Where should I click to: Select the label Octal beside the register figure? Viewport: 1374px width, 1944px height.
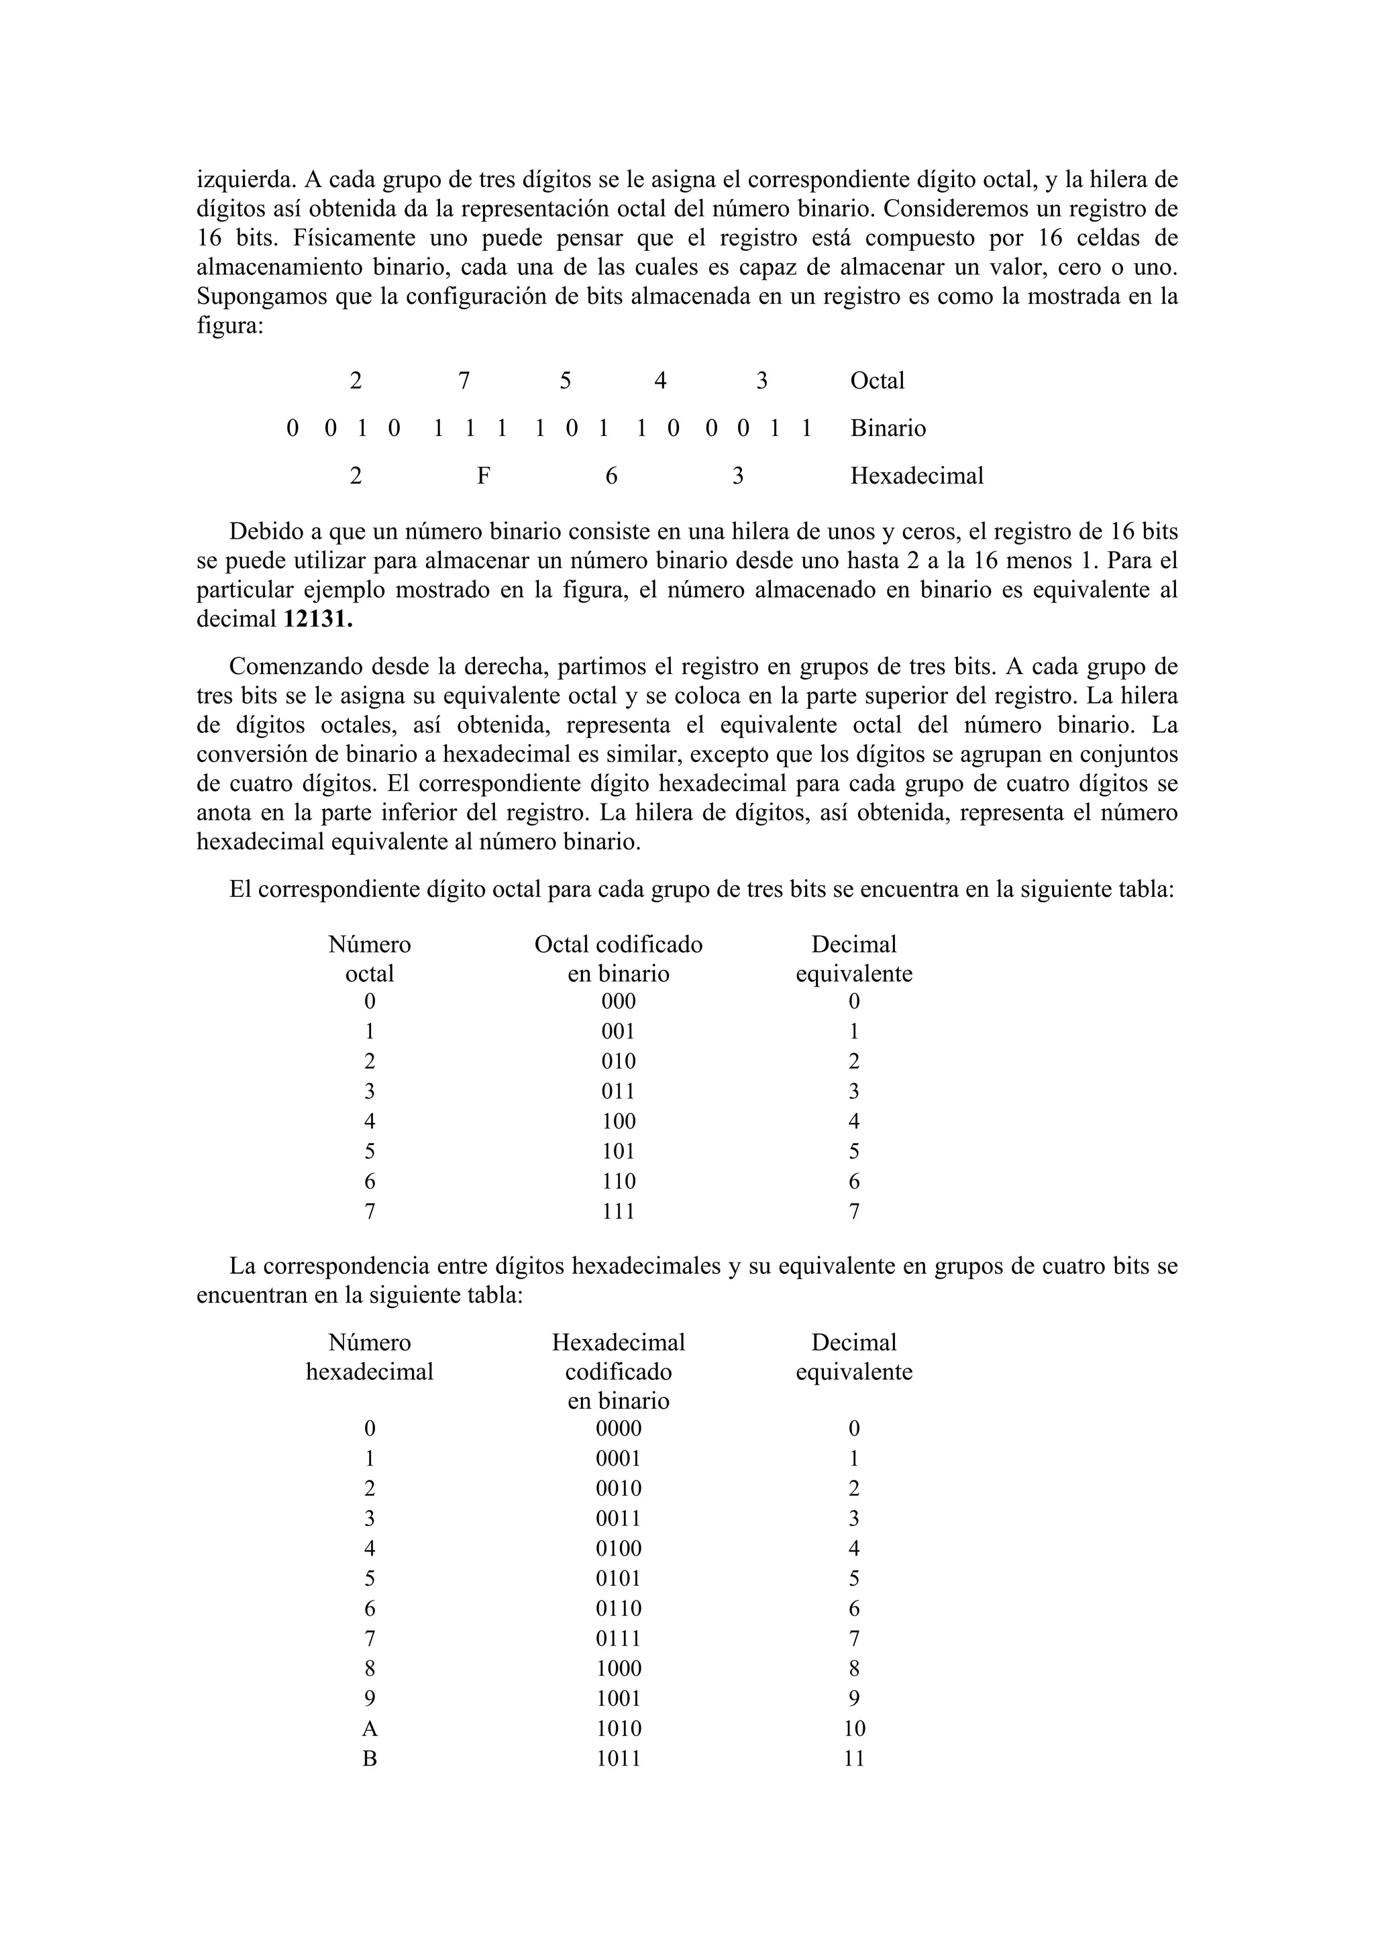(x=877, y=381)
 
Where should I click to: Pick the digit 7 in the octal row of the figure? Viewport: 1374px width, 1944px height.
(x=464, y=381)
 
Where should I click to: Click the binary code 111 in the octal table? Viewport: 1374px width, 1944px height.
(x=618, y=1211)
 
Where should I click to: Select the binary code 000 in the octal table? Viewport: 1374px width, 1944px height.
(x=618, y=1002)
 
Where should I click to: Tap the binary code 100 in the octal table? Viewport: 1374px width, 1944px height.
(x=618, y=1122)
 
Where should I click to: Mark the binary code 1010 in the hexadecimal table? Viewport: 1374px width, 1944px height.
(x=618, y=1729)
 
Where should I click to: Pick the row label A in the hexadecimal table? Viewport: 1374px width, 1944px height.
(x=369, y=1729)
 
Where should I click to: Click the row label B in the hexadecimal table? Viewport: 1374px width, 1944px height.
(x=369, y=1759)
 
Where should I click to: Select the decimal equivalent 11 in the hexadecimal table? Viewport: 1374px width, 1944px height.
(x=853, y=1759)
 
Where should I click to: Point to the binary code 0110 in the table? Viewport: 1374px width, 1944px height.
(x=618, y=1609)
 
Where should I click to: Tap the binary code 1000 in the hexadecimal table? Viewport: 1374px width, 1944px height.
(x=618, y=1669)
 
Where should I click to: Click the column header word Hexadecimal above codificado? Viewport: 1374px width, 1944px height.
(x=618, y=1343)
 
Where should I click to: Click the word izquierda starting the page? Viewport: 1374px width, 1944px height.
(x=244, y=180)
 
